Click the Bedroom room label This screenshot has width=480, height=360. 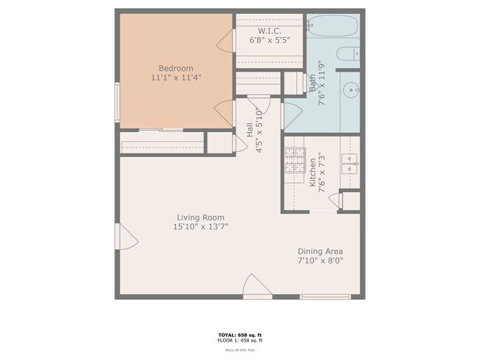pos(177,68)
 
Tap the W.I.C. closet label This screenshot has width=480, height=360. pos(270,31)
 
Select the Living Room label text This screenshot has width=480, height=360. pos(200,218)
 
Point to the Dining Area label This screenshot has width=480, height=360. pos(320,251)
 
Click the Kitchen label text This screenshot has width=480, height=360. pos(313,171)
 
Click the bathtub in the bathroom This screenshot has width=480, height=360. pos(332,27)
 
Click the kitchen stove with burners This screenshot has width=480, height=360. pos(295,160)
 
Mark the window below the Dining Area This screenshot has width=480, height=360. pos(324,297)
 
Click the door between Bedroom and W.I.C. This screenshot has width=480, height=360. pos(226,42)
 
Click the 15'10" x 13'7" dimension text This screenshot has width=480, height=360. pos(200,227)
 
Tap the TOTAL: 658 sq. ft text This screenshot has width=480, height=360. pos(240,334)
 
